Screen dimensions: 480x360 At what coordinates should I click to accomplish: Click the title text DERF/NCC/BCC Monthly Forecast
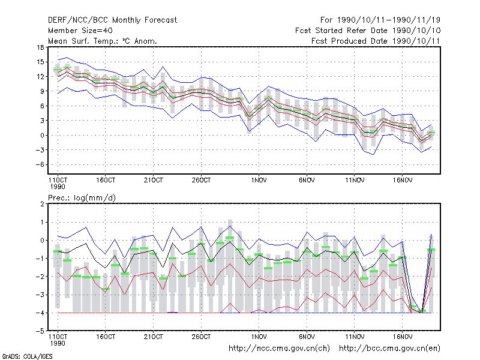(112, 20)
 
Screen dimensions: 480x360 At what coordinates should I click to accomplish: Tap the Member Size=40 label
(80, 31)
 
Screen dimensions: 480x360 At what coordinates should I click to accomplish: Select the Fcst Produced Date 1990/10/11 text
(376, 41)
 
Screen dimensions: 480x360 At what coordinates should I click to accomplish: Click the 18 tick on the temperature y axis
(40, 47)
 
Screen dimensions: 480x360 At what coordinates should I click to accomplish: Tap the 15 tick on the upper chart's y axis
(40, 62)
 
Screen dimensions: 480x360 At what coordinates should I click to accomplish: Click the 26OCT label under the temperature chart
(201, 181)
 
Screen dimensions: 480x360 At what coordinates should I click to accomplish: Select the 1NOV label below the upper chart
(259, 181)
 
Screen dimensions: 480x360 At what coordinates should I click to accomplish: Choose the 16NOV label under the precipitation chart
(402, 337)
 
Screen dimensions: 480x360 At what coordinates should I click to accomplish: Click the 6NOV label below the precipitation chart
(307, 337)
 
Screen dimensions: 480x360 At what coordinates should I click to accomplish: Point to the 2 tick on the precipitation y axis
(42, 204)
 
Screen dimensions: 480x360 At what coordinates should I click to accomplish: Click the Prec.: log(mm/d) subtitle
(82, 198)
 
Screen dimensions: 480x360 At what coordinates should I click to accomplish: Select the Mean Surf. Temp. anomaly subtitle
(102, 41)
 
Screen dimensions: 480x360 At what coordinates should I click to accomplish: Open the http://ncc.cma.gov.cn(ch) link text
(279, 349)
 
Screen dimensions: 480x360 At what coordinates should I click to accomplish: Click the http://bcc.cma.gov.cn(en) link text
(389, 349)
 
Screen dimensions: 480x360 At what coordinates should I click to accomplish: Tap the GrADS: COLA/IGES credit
(27, 356)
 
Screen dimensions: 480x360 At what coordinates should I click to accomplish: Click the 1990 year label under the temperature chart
(58, 187)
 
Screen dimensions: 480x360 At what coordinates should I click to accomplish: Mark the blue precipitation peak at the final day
(431, 235)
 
